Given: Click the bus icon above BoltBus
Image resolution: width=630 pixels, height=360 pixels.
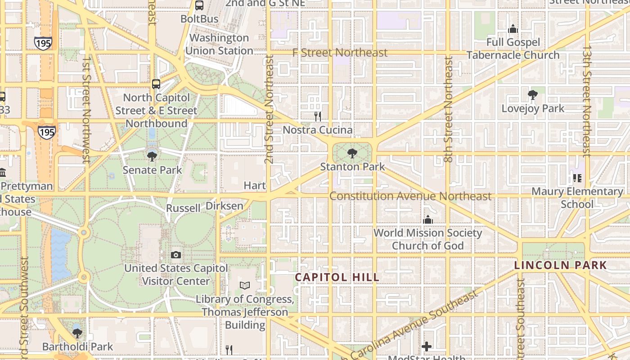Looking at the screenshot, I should coord(199,6).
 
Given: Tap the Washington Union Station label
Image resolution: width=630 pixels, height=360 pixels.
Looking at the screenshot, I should coord(219,44).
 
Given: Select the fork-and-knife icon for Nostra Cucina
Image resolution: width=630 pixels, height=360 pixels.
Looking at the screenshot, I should coord(318,117).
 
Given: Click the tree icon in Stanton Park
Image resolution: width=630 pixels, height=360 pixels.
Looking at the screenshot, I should coord(352,154).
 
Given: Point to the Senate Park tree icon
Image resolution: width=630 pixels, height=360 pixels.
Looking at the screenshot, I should coord(152,157).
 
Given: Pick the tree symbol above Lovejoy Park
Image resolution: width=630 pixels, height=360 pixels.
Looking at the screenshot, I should coord(533,95).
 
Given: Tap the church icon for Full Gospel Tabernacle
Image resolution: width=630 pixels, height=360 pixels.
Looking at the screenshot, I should coord(513,29).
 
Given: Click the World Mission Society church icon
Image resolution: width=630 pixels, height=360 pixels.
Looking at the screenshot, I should coord(427,220).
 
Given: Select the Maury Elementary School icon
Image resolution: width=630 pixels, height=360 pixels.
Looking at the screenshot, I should coord(577,178).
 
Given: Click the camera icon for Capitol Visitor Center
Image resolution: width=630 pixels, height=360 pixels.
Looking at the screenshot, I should coord(176,255).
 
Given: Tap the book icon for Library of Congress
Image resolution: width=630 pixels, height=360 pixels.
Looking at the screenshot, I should coord(245,286).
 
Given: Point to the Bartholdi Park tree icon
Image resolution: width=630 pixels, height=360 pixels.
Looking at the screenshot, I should coord(77,333).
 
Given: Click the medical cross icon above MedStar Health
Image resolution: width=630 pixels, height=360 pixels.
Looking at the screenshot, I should coord(427,346).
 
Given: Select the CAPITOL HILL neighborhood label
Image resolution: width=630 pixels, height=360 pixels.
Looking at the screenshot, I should coord(337,277).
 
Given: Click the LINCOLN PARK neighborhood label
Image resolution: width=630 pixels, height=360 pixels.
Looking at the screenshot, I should coord(561,265).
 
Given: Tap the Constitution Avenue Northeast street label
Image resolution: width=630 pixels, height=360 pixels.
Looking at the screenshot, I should coord(410,196).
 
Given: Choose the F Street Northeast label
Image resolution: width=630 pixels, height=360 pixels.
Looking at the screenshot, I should coord(340,53).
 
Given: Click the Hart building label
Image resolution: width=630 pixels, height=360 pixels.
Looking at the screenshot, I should coord(255,185).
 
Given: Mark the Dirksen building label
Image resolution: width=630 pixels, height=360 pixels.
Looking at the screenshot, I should coord(224,206).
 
